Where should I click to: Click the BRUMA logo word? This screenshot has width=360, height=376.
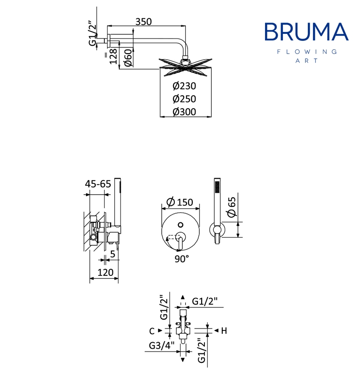pyautogui.click(x=306, y=31)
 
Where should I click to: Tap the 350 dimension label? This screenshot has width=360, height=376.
pyautogui.click(x=144, y=22)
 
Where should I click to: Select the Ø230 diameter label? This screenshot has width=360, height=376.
pyautogui.click(x=184, y=86)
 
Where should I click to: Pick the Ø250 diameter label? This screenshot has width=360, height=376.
pyautogui.click(x=184, y=99)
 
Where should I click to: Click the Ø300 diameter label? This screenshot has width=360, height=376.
pyautogui.click(x=184, y=112)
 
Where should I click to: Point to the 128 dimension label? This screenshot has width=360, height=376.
pyautogui.click(x=113, y=56)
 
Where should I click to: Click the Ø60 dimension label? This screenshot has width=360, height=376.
pyautogui.click(x=128, y=58)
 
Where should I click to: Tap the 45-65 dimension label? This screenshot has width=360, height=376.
pyautogui.click(x=98, y=184)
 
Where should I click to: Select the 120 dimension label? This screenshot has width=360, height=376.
pyautogui.click(x=106, y=273)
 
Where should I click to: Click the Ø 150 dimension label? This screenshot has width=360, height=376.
pyautogui.click(x=180, y=202)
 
